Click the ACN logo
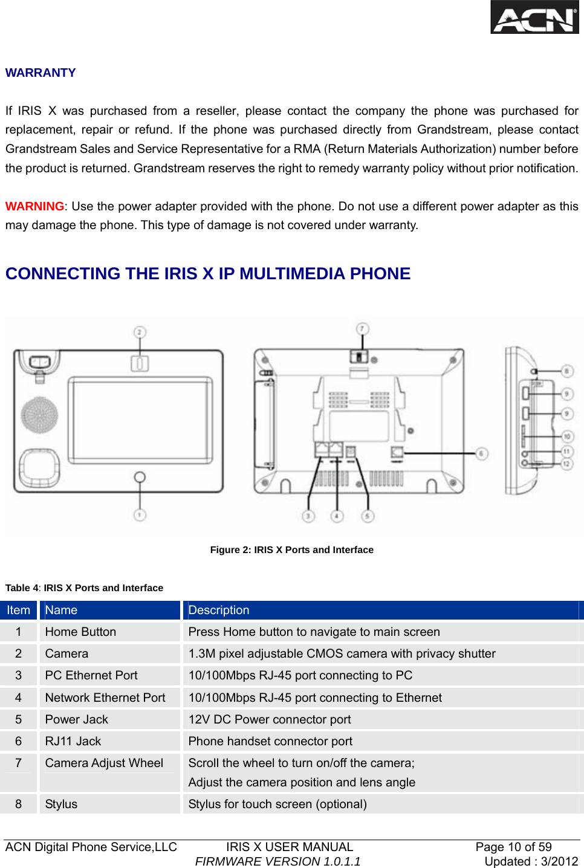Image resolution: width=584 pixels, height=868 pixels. tap(534, 18)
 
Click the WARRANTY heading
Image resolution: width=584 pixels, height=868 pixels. tap(41, 73)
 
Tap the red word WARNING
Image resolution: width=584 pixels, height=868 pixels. tap(34, 206)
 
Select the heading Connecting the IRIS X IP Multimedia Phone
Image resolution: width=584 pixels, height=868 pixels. tap(207, 274)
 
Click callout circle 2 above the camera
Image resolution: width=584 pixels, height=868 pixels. tap(140, 332)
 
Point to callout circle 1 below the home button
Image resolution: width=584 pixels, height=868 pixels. tap(140, 515)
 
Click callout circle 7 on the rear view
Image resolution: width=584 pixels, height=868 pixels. tap(362, 329)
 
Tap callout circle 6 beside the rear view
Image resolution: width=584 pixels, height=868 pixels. tap(482, 453)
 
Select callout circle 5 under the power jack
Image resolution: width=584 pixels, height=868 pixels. tap(368, 516)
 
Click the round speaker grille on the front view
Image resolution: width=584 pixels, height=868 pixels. tap(39, 415)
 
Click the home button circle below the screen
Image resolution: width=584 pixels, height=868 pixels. tap(140, 477)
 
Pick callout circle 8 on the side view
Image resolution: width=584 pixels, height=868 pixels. tap(566, 371)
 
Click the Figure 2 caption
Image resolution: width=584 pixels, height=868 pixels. tap(291, 549)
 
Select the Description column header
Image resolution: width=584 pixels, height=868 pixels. tap(218, 610)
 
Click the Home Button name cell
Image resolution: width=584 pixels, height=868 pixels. tap(80, 632)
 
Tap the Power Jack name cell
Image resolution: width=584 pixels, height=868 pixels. tap(76, 719)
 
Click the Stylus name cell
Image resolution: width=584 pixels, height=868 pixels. tap(61, 804)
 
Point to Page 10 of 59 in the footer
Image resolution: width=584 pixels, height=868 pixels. tap(513, 847)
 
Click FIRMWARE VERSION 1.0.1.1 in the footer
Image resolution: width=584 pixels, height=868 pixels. tap(277, 861)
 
